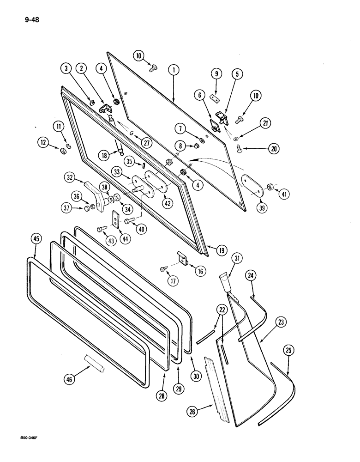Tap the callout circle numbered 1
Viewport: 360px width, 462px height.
(x=174, y=70)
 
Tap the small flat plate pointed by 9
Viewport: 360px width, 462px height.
(x=213, y=98)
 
